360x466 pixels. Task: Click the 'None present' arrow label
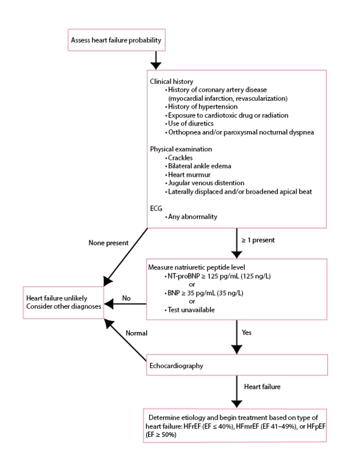108,243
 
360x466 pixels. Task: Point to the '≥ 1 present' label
259,239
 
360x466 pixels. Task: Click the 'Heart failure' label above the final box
263,388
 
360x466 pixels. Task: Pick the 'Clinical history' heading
171,82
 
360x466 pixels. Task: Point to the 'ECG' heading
156,208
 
